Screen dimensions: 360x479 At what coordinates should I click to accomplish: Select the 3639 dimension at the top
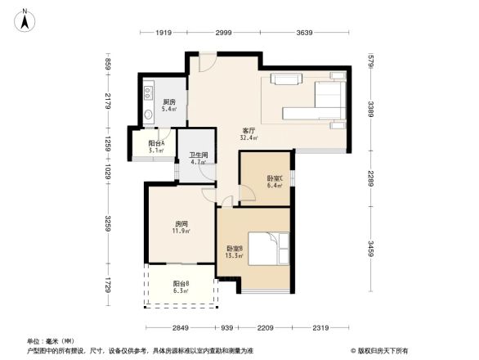point(305,33)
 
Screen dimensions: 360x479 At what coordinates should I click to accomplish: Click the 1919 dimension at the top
point(163,33)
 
